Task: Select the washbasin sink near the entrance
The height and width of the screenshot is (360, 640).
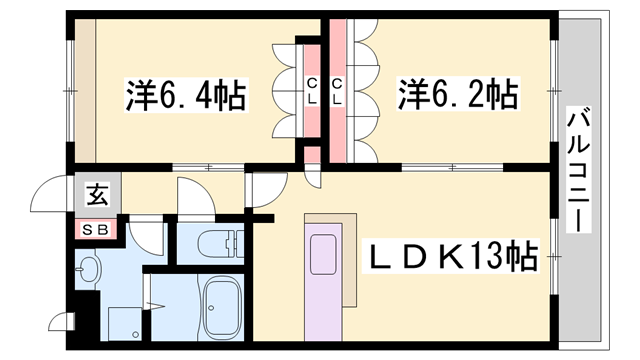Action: [x=91, y=271]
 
